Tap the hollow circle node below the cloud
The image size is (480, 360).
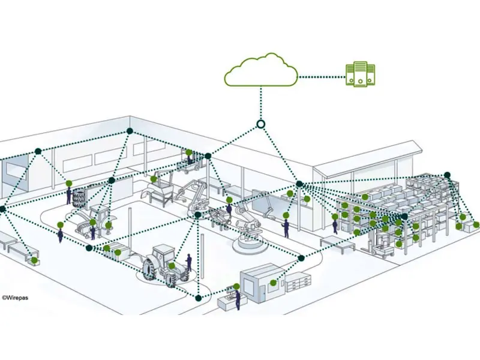[x=260, y=124]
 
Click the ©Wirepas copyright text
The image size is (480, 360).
[x=15, y=296]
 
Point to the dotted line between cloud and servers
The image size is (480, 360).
[x=321, y=77]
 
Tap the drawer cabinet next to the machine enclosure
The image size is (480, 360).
[x=298, y=282]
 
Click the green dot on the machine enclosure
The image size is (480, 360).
[x=274, y=283]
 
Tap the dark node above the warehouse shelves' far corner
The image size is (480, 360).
[x=447, y=175]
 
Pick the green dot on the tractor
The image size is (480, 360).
[x=172, y=266]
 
